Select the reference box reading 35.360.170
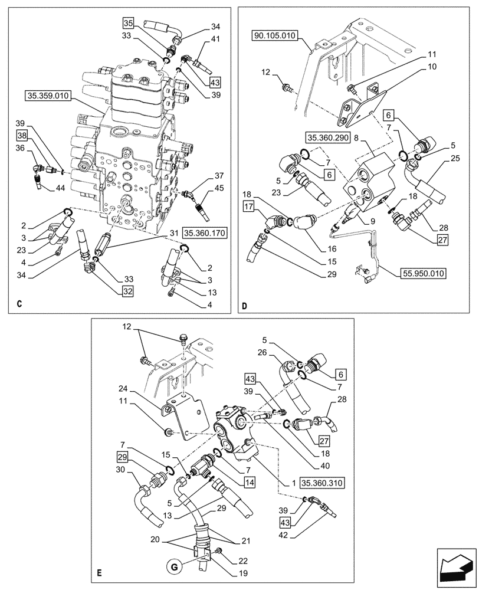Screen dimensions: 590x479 [204, 233]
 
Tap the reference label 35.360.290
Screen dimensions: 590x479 [327, 137]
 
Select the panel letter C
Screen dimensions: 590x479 [19, 304]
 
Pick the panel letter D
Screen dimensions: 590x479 [244, 304]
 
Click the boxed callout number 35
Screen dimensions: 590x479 [129, 24]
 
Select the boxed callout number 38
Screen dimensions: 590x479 [22, 135]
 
